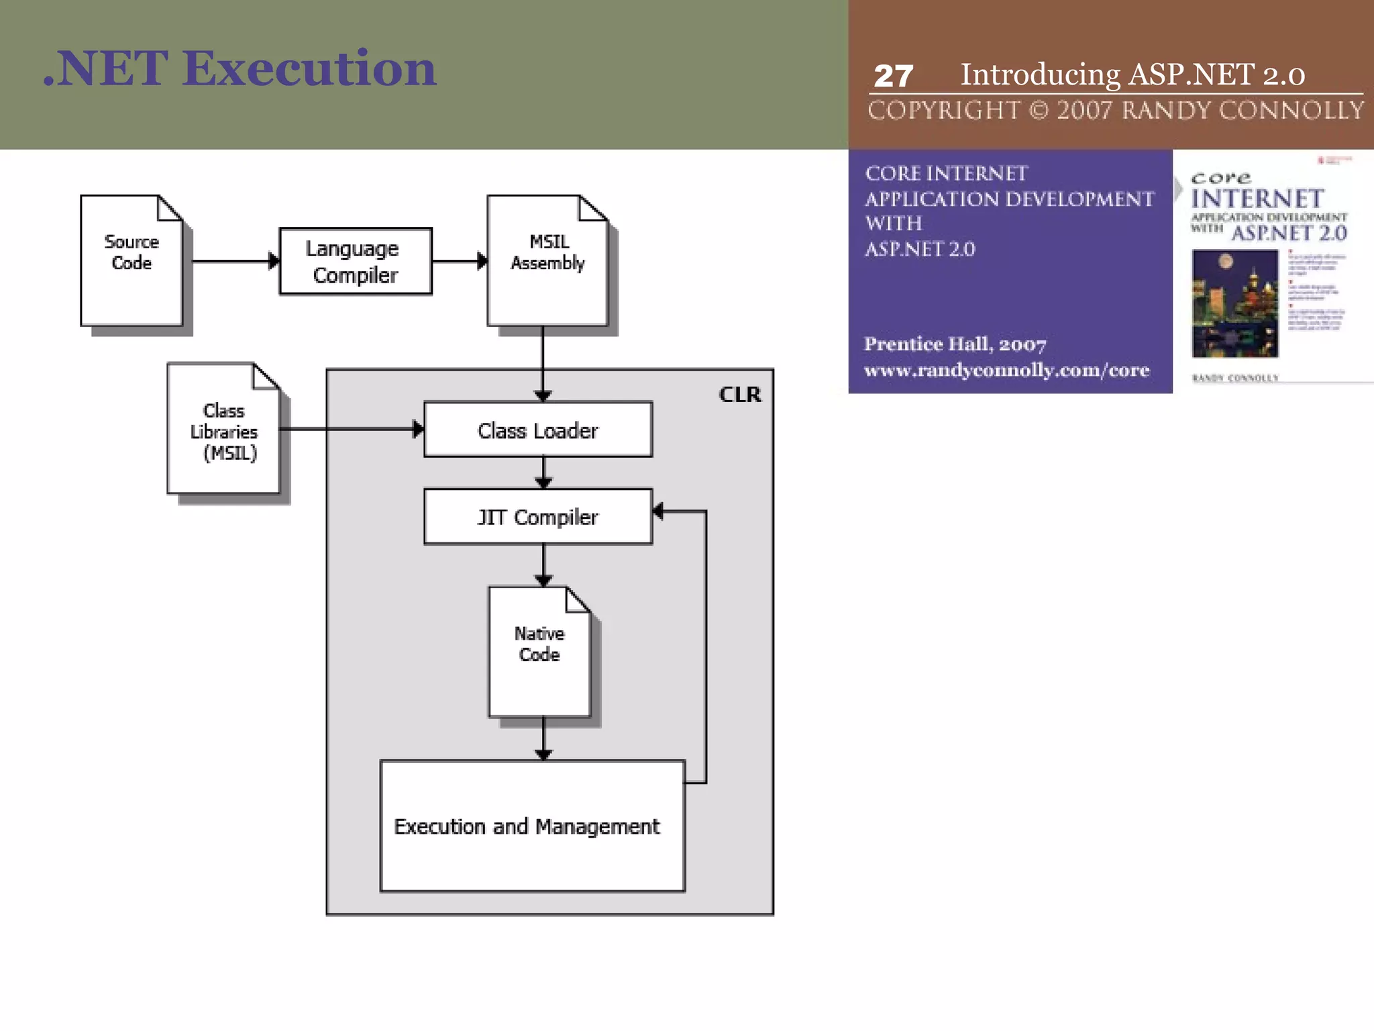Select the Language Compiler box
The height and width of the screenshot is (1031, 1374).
(x=356, y=261)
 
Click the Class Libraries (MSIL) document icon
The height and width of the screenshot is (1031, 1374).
(x=223, y=430)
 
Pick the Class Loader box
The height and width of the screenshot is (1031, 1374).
(x=538, y=430)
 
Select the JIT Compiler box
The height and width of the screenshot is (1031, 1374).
(x=538, y=517)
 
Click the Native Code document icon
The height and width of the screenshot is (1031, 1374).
(x=539, y=651)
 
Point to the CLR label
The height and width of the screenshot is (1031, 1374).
(x=740, y=395)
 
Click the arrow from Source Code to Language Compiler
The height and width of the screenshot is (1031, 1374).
(x=231, y=261)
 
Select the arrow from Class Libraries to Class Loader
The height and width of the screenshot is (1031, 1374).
(x=349, y=429)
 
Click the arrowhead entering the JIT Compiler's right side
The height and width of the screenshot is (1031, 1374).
(x=659, y=511)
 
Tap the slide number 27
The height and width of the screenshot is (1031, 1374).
(x=893, y=76)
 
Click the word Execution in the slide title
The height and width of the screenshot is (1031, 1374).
(x=309, y=68)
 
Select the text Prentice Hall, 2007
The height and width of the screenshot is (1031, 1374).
(x=955, y=344)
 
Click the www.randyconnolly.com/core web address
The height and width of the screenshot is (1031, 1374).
(x=1006, y=371)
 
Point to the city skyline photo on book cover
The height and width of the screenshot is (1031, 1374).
(x=1234, y=303)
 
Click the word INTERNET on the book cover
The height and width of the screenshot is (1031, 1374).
(x=1257, y=199)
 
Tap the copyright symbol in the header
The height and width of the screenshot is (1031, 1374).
(x=1039, y=110)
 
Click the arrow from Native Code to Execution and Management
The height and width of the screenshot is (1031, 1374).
(x=543, y=738)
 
